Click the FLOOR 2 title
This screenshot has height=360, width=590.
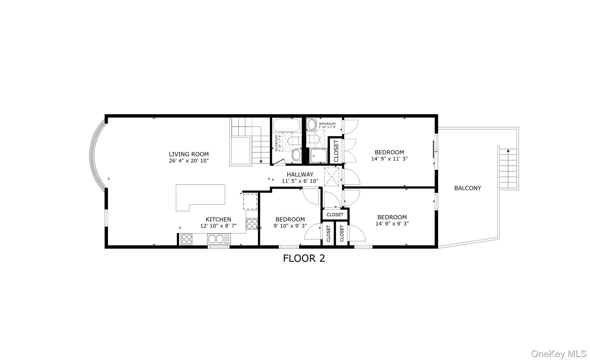304,258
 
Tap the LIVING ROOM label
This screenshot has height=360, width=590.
189,154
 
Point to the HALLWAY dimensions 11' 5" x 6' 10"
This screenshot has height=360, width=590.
300,181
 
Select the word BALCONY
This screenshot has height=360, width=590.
468,188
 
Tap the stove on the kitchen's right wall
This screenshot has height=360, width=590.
252,224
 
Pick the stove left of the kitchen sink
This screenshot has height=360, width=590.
187,239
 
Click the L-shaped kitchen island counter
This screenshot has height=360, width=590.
200,197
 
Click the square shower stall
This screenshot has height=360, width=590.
319,155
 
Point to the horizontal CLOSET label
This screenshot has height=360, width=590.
335,215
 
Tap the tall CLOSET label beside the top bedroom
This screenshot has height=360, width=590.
336,151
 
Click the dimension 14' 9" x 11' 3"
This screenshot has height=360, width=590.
389,159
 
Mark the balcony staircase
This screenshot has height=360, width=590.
508,169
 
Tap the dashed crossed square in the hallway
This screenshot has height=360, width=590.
332,177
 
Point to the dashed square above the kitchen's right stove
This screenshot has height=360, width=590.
250,201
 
